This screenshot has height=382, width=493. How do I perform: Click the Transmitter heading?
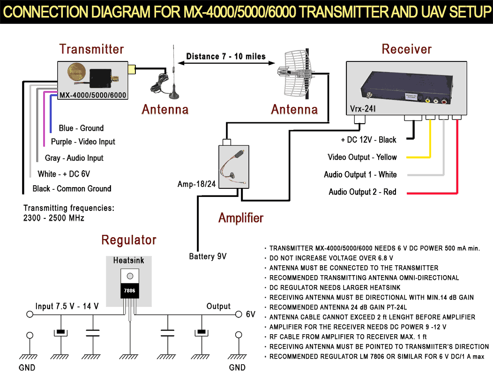[x=91, y=49]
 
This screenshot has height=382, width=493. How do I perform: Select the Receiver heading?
[x=406, y=49]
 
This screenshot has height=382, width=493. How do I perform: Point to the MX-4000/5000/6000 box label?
[x=93, y=95]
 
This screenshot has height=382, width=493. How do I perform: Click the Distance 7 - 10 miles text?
[x=226, y=57]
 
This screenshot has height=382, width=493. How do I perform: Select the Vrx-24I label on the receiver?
[x=363, y=110]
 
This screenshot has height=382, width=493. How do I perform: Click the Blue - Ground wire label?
[x=81, y=128]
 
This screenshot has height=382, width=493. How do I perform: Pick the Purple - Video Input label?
[x=83, y=142]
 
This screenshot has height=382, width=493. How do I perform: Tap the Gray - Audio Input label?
[x=74, y=158]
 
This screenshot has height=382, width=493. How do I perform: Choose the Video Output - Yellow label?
[x=362, y=157]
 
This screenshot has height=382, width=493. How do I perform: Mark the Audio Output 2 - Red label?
[x=362, y=192]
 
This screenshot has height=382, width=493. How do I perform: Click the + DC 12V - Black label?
[x=368, y=140]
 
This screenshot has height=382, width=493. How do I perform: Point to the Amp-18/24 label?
[x=196, y=184]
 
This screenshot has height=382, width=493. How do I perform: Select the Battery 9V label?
[x=208, y=256]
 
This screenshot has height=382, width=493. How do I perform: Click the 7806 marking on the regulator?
[x=130, y=291]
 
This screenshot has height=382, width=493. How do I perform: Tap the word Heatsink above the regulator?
[x=129, y=260]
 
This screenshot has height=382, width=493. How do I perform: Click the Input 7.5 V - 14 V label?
[x=67, y=307]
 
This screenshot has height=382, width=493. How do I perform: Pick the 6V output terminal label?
[x=251, y=315]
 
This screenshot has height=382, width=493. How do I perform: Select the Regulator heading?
[x=129, y=240]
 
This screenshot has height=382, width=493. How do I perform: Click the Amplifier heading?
[x=241, y=218]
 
